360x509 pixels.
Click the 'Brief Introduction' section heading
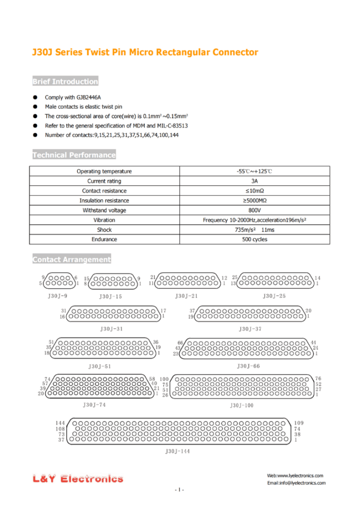click(x=65, y=82)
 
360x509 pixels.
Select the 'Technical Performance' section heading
click(x=74, y=155)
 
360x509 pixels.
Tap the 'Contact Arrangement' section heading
click(x=72, y=259)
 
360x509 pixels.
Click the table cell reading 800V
click(x=255, y=210)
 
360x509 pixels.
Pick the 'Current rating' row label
click(x=104, y=181)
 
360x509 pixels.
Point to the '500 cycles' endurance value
click(x=255, y=240)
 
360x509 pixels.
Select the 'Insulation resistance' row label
click(x=104, y=201)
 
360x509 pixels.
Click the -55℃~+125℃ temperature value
click(x=255, y=171)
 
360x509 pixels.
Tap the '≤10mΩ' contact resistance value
click(x=255, y=191)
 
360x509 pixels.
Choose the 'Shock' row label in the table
click(x=104, y=230)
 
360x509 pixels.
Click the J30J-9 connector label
click(x=57, y=296)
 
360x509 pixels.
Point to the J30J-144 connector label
click(x=177, y=451)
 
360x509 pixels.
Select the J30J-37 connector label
click(x=251, y=329)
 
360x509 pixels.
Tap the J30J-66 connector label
click(x=249, y=366)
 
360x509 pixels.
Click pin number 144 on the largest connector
click(x=60, y=423)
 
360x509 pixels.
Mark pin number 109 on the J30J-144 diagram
click(x=299, y=423)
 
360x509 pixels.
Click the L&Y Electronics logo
click(x=78, y=479)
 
